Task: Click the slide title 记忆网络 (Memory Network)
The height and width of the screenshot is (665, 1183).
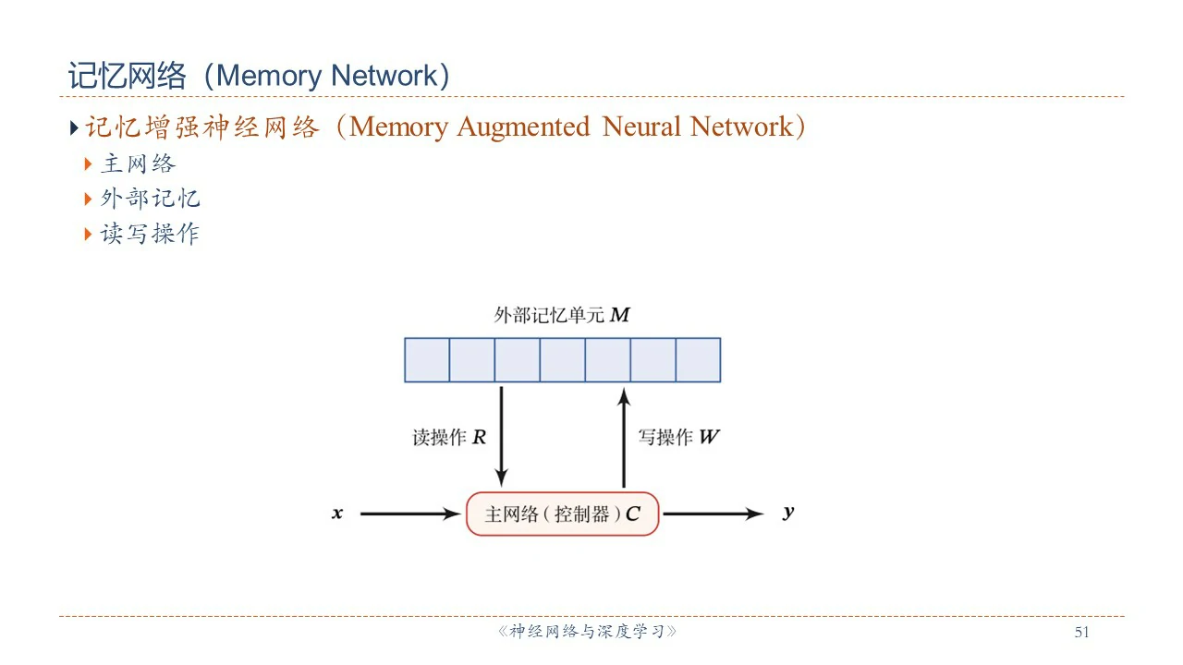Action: pos(259,76)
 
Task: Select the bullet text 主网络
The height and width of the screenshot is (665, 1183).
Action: pos(138,164)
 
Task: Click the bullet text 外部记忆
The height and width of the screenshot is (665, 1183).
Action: pos(150,199)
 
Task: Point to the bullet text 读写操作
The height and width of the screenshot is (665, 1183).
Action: pos(150,234)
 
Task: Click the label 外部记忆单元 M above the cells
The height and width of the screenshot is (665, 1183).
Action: pos(562,315)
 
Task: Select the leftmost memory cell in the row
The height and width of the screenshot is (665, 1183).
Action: pos(427,360)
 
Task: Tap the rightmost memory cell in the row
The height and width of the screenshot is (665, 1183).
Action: pos(698,360)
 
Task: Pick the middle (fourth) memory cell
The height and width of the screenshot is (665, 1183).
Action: pos(562,360)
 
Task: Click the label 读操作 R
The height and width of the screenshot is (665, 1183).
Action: pos(449,438)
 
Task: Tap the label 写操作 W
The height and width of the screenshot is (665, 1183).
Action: pos(678,438)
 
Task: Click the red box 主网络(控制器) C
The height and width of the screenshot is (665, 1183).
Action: pos(562,514)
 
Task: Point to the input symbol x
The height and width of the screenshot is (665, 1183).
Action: pos(337,514)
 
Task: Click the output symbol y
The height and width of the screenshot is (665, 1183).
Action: pos(787,513)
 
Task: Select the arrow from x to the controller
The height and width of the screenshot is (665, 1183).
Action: pos(409,514)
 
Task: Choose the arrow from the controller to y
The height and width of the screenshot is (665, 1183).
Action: pos(713,514)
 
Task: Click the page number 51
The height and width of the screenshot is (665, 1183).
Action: pos(1082,633)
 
